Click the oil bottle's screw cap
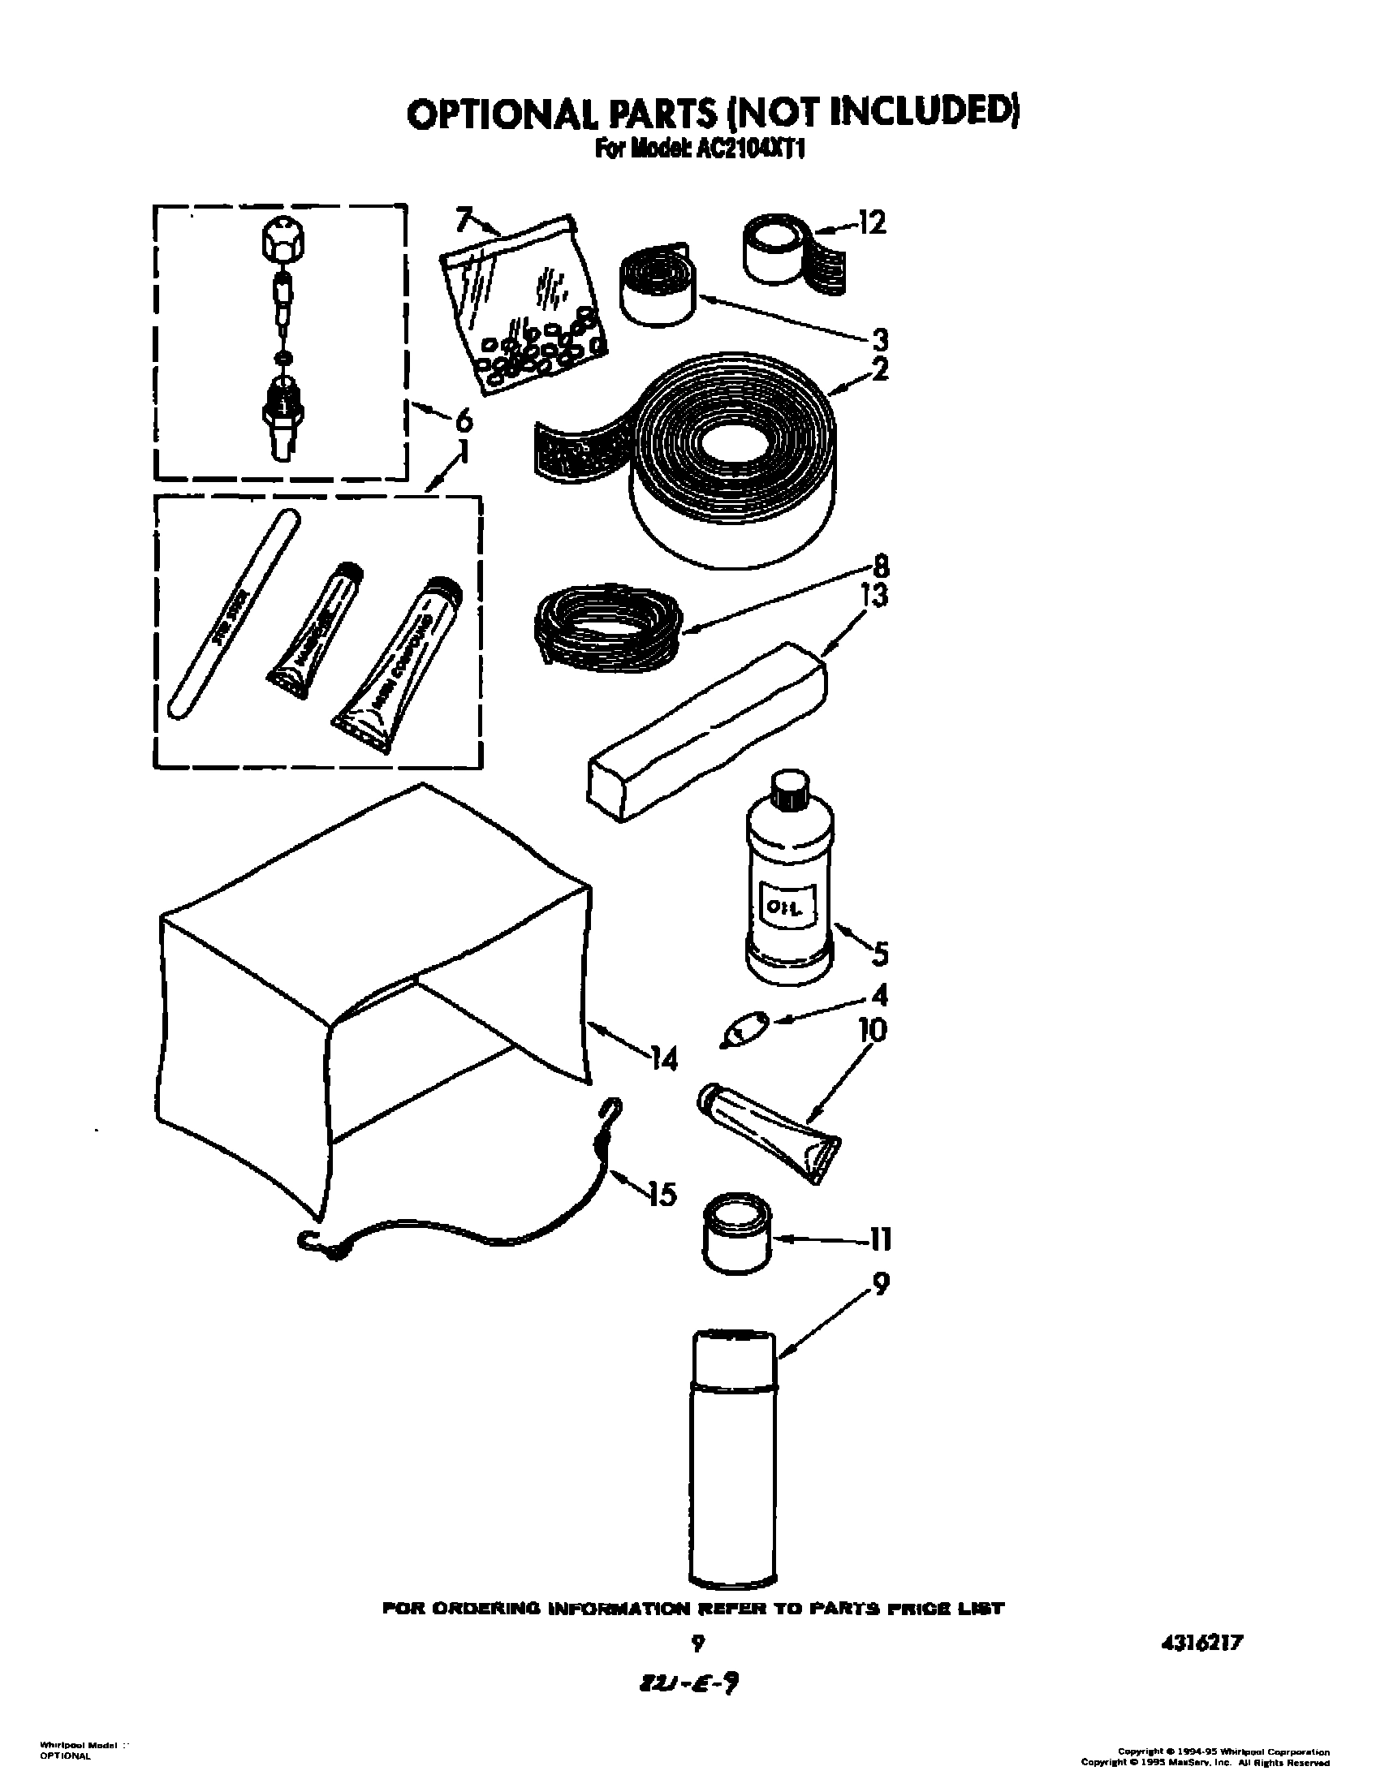(x=789, y=791)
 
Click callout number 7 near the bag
(x=464, y=219)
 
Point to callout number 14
(x=663, y=1059)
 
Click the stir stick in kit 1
(x=233, y=611)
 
